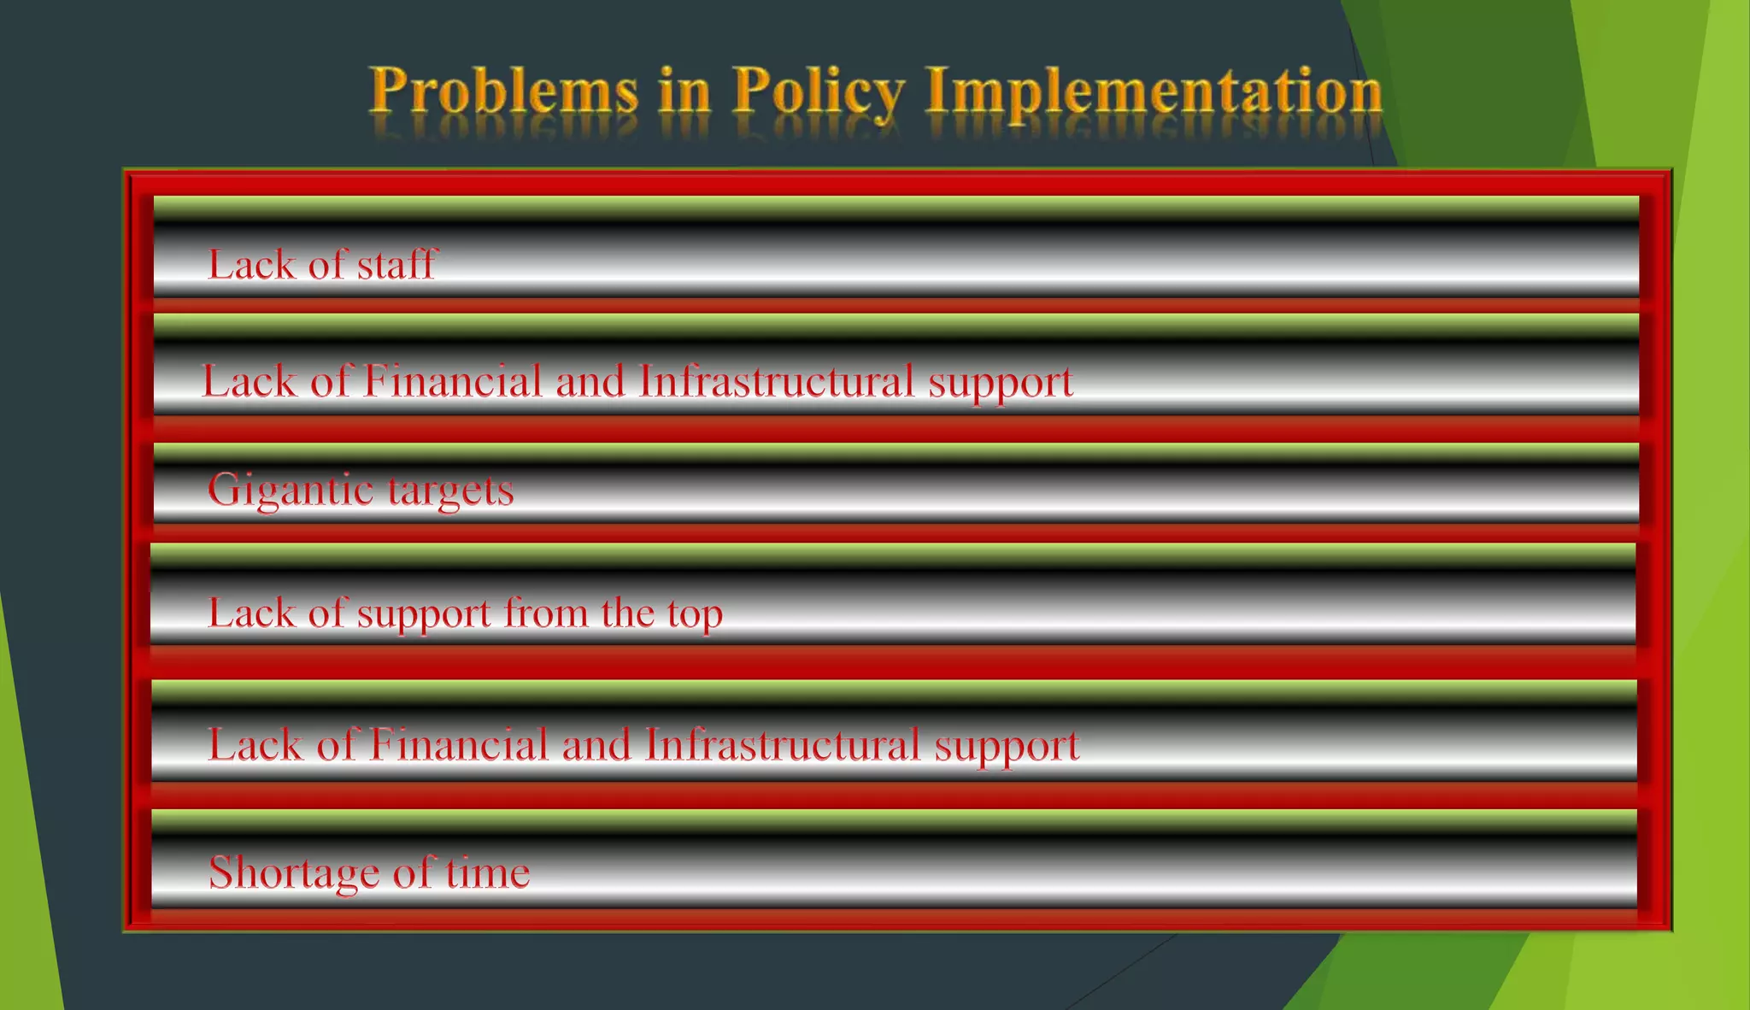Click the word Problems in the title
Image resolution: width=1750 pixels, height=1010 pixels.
coord(504,91)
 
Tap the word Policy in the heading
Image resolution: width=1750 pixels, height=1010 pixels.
coord(818,91)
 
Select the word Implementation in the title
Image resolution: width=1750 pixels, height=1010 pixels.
coord(1154,91)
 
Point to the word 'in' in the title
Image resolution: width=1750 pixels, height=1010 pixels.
coord(684,91)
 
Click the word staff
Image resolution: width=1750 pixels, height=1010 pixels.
coord(396,264)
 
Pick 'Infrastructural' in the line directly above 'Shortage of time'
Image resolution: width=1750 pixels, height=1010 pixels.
coord(782,744)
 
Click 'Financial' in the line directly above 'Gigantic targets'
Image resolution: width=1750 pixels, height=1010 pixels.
coord(452,381)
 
